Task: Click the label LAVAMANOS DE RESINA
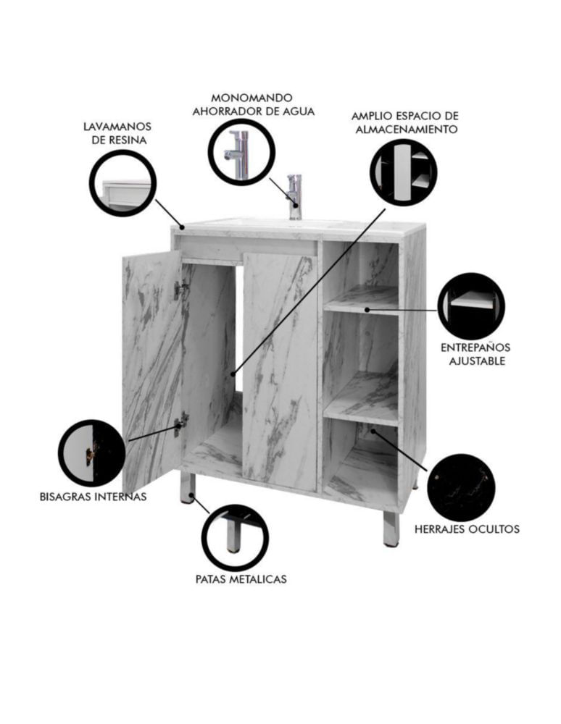[x=117, y=133]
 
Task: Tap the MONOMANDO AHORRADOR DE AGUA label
[x=253, y=105]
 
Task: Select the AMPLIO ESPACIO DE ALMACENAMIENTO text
[x=406, y=122]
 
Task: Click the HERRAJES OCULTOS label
[x=467, y=529]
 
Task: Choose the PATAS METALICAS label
[x=241, y=578]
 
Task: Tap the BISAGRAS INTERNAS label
[x=93, y=497]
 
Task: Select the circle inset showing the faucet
[x=241, y=152]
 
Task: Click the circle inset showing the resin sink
[x=123, y=182]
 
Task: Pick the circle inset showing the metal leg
[x=235, y=538]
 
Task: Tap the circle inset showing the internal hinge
[x=92, y=453]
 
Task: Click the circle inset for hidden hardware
[x=461, y=487]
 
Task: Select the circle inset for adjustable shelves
[x=471, y=306]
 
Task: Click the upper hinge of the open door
[x=180, y=290]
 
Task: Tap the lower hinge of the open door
[x=181, y=424]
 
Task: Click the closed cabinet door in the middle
[x=280, y=371]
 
